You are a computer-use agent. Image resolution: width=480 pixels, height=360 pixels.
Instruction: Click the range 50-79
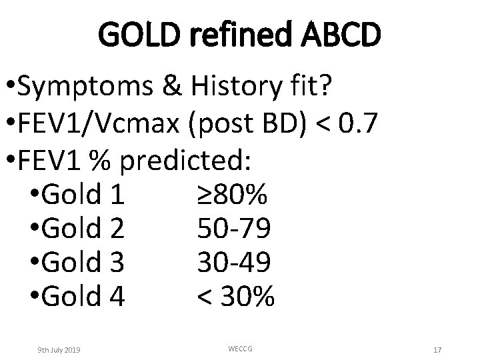click(234, 229)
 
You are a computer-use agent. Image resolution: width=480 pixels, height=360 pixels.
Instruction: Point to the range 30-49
click(234, 263)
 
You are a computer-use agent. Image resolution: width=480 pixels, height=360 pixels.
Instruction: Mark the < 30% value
click(235, 297)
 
